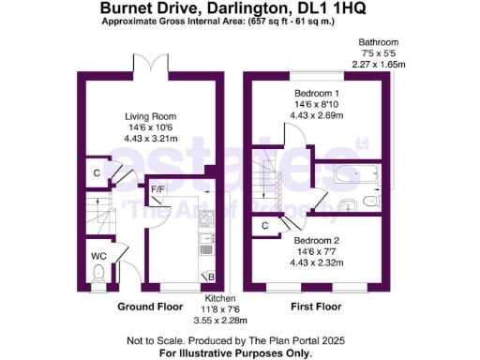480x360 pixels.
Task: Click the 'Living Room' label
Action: (x=151, y=116)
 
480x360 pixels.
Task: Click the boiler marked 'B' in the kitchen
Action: (x=211, y=276)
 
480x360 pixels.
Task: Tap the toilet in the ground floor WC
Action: (x=99, y=274)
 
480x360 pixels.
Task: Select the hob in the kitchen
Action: (x=207, y=219)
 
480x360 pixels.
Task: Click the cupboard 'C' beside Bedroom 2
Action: (x=266, y=226)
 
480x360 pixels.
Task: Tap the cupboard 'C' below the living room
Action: (x=97, y=172)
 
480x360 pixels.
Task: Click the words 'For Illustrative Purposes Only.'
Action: (x=234, y=352)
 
